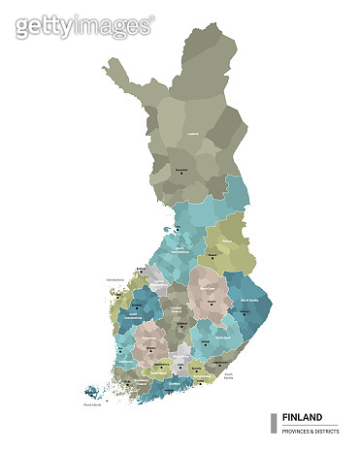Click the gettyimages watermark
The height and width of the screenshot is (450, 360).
coord(83,25)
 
